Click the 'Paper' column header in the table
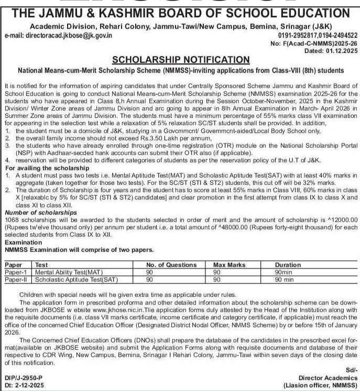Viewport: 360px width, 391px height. tap(14, 265)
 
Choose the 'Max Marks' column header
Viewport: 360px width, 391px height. tap(221, 265)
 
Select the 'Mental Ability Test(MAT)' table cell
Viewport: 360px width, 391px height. tap(67, 272)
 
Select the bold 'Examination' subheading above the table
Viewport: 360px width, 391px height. tap(23, 243)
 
